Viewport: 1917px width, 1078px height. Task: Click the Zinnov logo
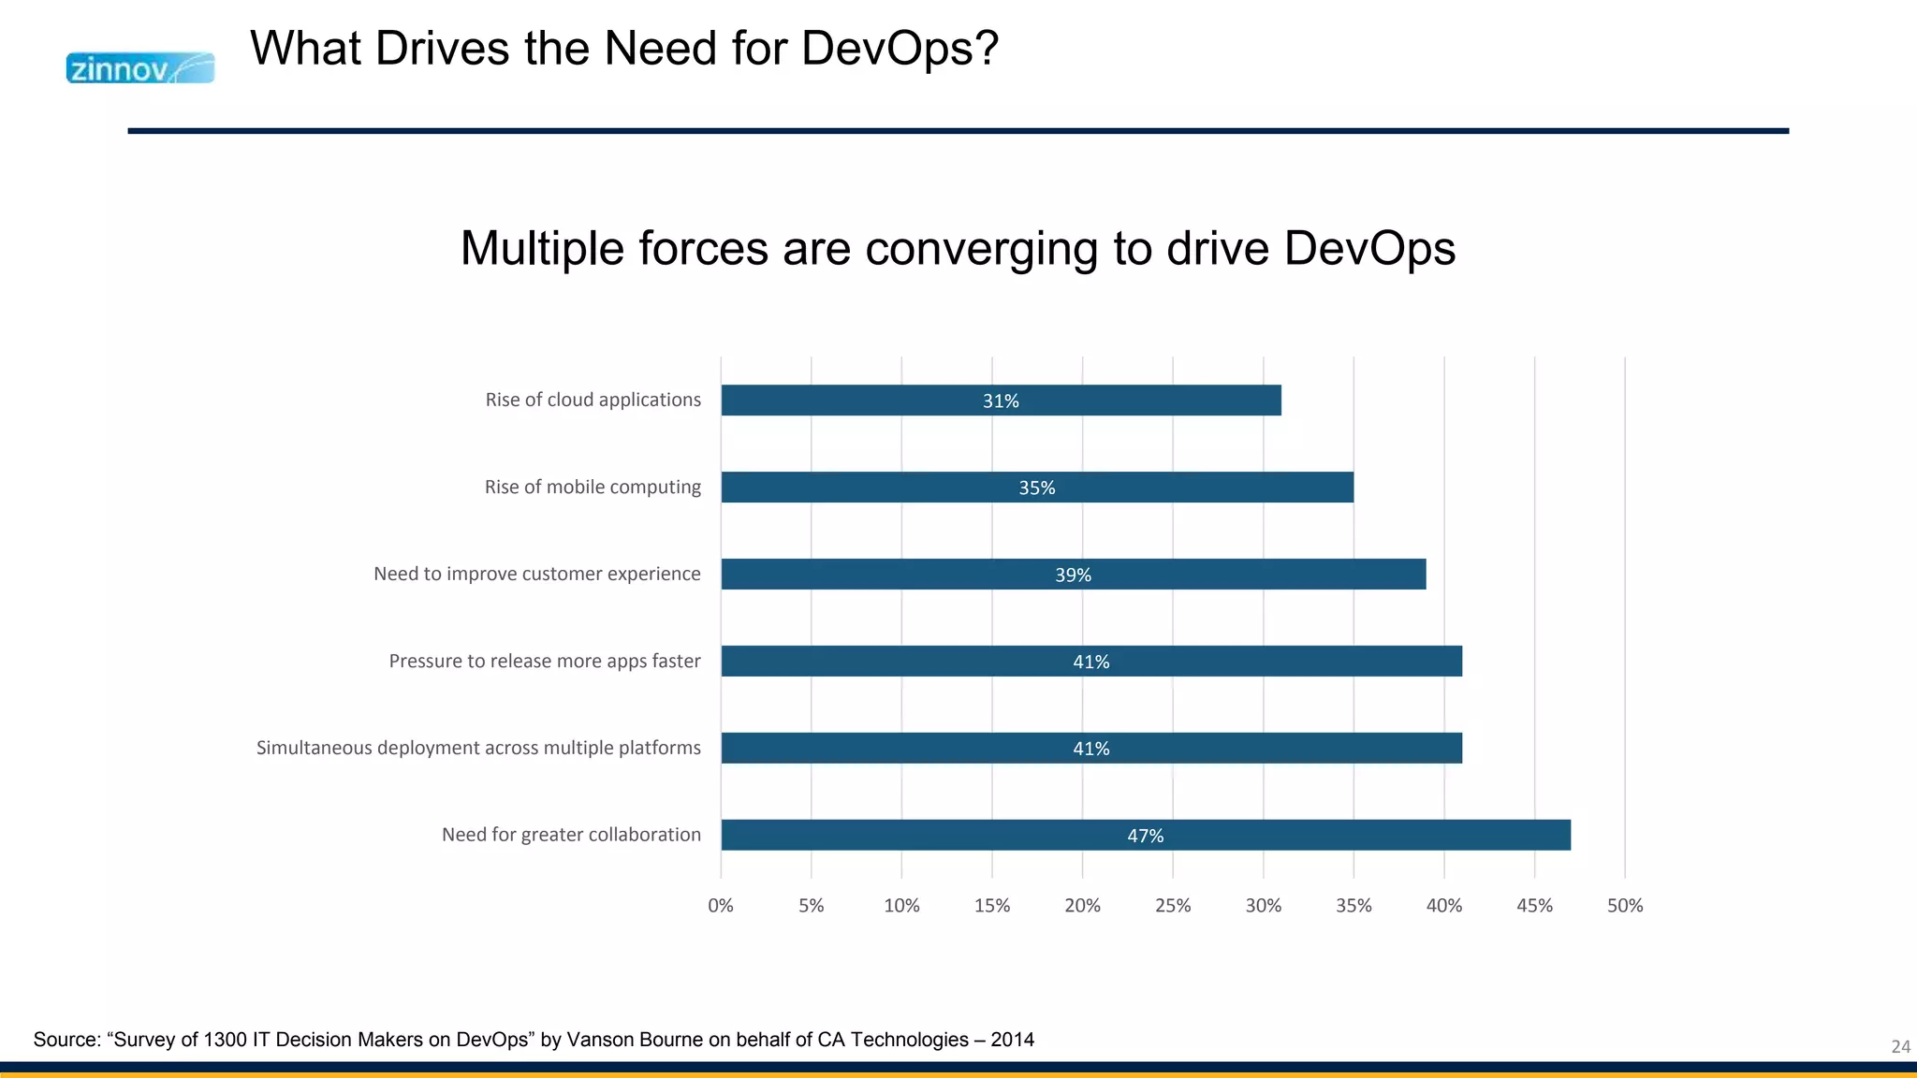[140, 68]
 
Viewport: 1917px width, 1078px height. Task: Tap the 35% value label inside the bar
[1036, 488]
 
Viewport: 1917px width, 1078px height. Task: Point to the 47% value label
[1145, 836]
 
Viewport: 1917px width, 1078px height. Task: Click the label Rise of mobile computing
[593, 487]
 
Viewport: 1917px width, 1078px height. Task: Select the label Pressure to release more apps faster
[545, 661]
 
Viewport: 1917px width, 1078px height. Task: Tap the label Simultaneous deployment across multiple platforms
[478, 748]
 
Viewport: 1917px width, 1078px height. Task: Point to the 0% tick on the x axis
[721, 906]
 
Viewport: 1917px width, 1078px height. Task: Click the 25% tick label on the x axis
[1173, 906]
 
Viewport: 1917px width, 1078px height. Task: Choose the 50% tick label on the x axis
[1625, 906]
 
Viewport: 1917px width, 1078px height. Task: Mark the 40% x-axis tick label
[1444, 906]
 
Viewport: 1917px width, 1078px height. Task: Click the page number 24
[1900, 1046]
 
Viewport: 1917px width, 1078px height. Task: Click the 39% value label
[1073, 575]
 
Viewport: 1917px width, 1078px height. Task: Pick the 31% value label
[1001, 401]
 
